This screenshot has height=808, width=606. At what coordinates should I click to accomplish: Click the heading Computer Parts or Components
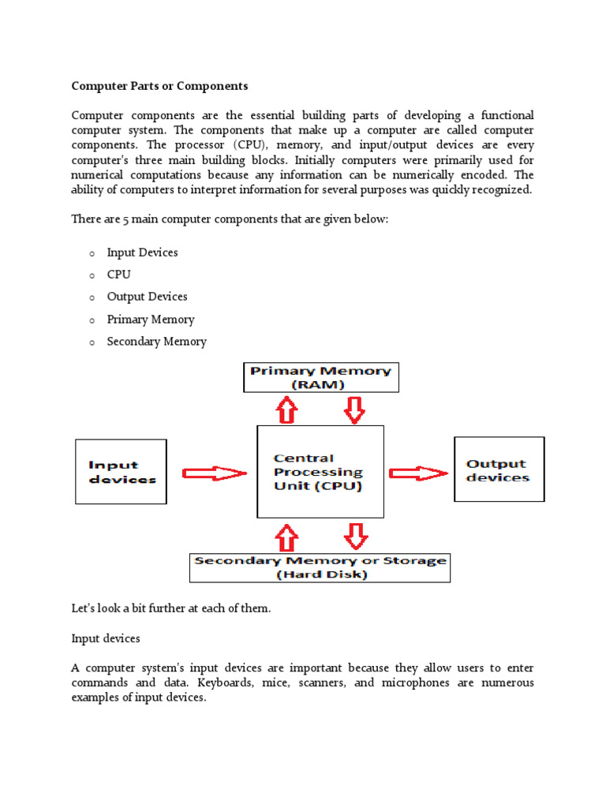click(160, 86)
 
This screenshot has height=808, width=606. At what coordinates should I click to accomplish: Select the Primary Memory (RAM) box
click(320, 377)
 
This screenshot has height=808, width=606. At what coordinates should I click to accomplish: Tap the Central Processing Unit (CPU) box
click(320, 472)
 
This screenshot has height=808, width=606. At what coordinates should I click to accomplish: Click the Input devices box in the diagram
click(121, 472)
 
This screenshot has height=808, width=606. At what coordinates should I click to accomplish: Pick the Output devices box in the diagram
click(499, 470)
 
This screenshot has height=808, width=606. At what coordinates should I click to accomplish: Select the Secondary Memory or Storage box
click(320, 567)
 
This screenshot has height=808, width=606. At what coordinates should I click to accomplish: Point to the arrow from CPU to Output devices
click(419, 473)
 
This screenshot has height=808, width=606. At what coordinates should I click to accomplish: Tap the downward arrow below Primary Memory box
click(355, 409)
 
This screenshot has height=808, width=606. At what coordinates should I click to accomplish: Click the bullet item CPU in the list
click(119, 275)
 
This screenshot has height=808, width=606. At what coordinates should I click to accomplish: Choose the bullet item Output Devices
click(148, 297)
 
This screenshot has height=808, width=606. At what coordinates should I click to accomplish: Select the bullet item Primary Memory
click(151, 320)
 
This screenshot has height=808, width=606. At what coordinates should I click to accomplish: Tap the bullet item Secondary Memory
click(157, 342)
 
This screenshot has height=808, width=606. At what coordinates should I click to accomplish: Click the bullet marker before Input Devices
click(92, 253)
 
